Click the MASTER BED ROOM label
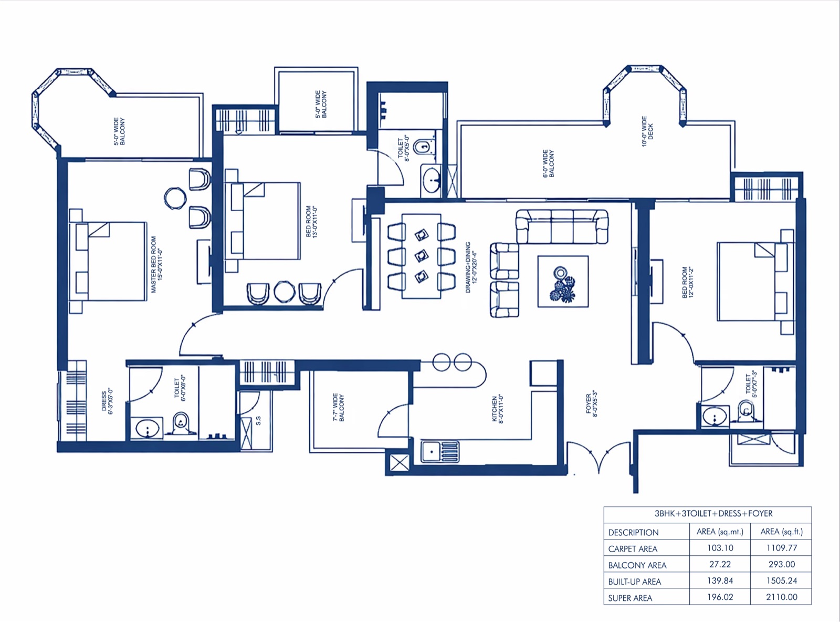coord(156,265)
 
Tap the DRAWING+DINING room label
coord(471,267)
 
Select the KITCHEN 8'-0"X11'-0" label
coord(497,409)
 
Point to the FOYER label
coord(591,403)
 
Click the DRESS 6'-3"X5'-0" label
coord(107,401)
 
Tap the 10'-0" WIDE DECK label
coord(647,131)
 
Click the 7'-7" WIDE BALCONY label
coord(338,407)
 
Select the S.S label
coord(258,421)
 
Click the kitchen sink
coord(440,451)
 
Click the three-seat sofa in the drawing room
coord(562,226)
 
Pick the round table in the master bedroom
coord(175,198)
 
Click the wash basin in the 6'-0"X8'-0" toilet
coord(147,429)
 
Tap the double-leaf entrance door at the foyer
coord(598,457)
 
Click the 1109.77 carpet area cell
coord(782,548)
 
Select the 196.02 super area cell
coord(720,597)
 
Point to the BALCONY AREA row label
coord(637,565)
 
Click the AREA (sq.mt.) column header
coord(720,532)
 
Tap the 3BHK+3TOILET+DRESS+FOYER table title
coord(708,514)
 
